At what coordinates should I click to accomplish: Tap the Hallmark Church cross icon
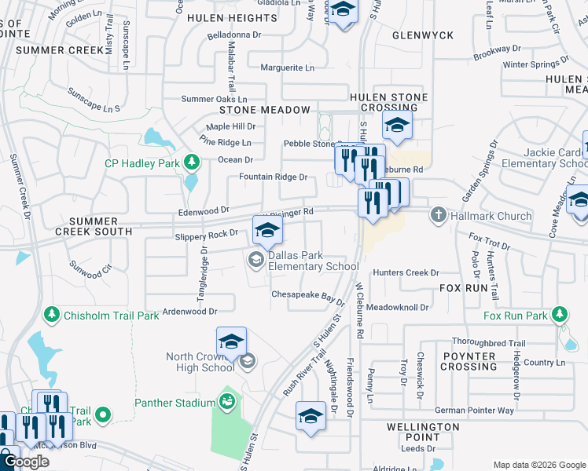click(438, 214)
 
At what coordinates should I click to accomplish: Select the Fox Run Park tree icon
click(559, 316)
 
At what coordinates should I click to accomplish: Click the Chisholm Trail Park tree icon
click(52, 315)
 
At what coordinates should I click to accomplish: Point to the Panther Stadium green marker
click(227, 403)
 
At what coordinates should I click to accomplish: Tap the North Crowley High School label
click(200, 362)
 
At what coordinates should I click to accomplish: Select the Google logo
click(26, 462)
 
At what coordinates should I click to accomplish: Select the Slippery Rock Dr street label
click(206, 233)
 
